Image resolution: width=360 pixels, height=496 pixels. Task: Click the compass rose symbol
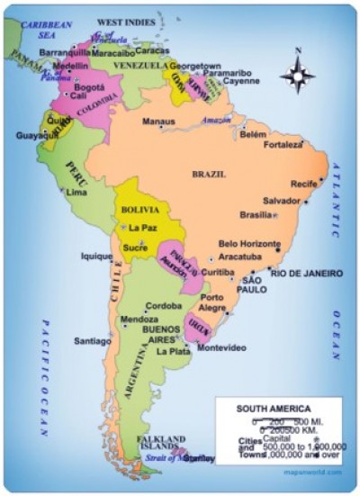click(x=296, y=76)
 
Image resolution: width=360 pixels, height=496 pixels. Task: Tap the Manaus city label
click(x=158, y=121)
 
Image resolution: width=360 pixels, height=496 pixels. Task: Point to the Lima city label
click(x=77, y=193)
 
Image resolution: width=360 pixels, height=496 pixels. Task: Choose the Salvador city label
click(x=281, y=200)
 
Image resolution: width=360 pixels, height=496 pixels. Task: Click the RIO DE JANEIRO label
click(x=306, y=272)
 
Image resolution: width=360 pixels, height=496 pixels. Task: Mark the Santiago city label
click(x=93, y=341)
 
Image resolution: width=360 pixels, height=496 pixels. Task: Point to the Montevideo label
click(x=221, y=347)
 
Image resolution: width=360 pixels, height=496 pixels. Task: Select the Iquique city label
click(x=96, y=256)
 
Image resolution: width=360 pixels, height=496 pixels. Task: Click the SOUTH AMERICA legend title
click(x=273, y=408)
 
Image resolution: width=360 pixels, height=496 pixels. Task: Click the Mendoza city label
click(x=139, y=320)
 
